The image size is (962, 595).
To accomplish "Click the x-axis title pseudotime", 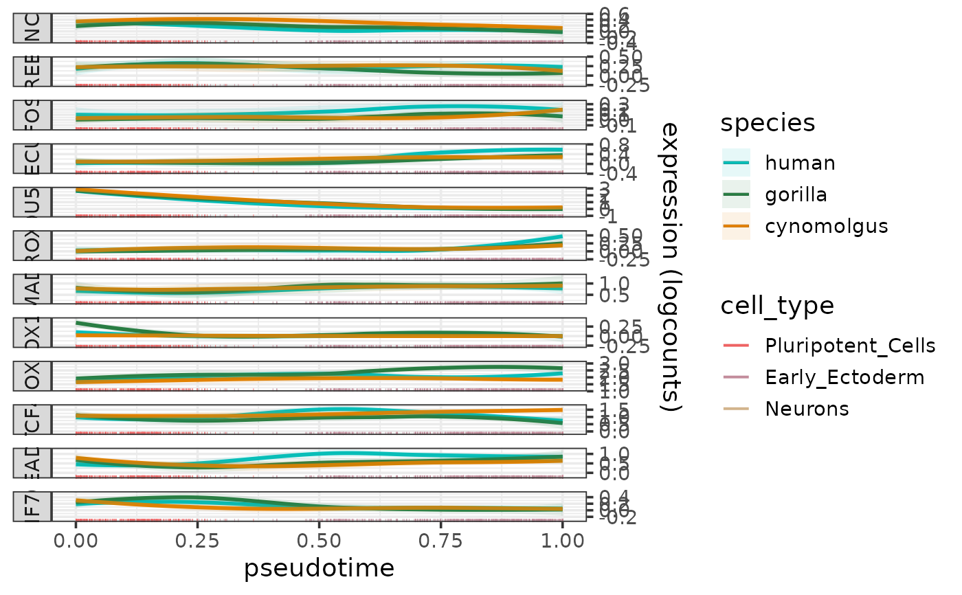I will tap(319, 568).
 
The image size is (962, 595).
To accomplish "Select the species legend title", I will tap(768, 123).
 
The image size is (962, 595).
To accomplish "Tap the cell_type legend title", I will tap(777, 306).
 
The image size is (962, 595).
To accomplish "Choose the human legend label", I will tap(801, 163).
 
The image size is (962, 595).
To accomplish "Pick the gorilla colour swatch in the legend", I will tap(736, 194).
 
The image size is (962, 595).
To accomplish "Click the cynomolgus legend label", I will tap(827, 226).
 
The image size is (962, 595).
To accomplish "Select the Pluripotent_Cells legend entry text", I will tap(850, 346).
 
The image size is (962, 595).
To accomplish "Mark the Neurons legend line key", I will tap(736, 409).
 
